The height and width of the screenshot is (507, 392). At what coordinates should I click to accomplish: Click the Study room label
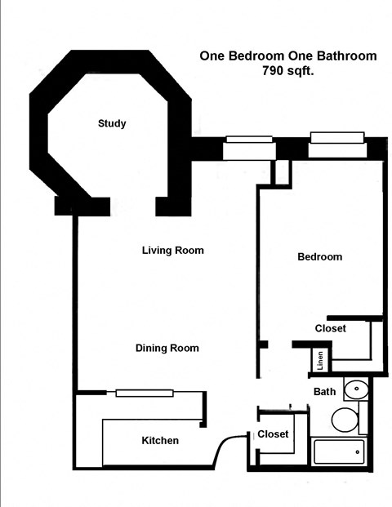tap(112, 124)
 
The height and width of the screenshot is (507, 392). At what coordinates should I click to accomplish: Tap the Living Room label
tap(172, 251)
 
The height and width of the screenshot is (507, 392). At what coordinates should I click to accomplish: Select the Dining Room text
tap(167, 349)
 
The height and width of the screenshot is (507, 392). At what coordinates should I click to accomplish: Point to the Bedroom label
tap(319, 257)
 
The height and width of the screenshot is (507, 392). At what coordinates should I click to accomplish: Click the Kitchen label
tap(160, 441)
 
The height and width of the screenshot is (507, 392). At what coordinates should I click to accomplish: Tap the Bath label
tap(325, 392)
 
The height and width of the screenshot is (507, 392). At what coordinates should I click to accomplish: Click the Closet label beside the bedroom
tap(331, 328)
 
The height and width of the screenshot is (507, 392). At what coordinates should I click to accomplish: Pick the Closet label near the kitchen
tap(273, 434)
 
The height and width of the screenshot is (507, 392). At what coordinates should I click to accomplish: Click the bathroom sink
tap(355, 390)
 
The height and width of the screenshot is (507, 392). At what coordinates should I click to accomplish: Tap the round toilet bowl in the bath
tap(344, 420)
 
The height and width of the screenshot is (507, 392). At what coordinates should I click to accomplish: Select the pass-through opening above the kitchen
tap(145, 394)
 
